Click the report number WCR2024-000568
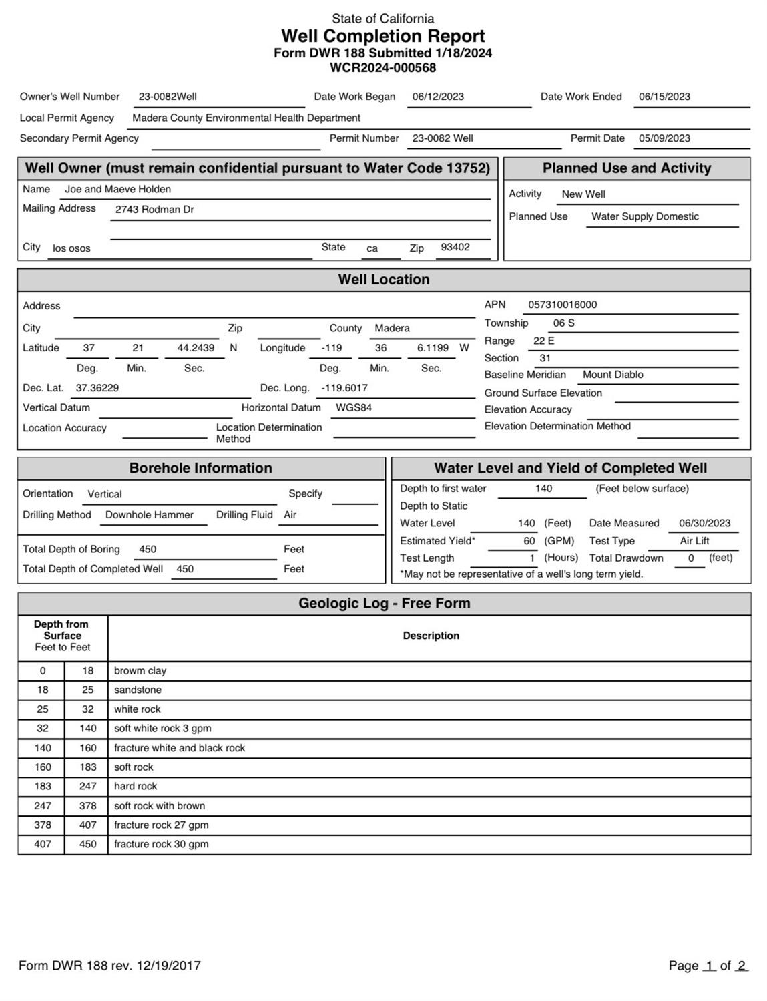[x=382, y=67]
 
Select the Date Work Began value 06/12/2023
[x=438, y=97]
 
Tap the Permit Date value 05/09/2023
[x=664, y=138]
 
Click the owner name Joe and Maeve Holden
[x=117, y=189]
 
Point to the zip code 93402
[x=455, y=247]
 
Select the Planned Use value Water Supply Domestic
[x=645, y=216]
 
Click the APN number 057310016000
[x=563, y=305]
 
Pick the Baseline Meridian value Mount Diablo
[x=613, y=375]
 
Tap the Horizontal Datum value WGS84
[x=354, y=407]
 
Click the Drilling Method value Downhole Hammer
[x=150, y=515]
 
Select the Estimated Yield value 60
[x=529, y=541]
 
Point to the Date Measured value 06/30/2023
[x=704, y=523]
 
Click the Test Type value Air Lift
[x=694, y=541]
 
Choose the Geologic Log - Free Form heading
[x=384, y=603]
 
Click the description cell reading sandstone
[x=138, y=690]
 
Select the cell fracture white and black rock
[x=180, y=748]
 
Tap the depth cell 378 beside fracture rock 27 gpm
[x=43, y=825]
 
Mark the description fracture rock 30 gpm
[x=161, y=844]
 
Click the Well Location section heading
[x=383, y=280]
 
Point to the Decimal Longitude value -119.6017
[x=344, y=388]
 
